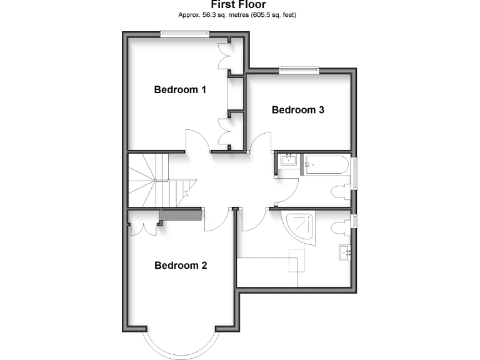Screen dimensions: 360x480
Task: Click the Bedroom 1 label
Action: (x=180, y=89)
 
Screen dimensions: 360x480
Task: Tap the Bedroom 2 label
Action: (x=181, y=265)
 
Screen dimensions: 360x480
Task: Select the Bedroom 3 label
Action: (x=297, y=110)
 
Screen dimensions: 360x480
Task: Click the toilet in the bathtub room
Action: (x=342, y=191)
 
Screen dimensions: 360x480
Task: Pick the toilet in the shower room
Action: (x=342, y=226)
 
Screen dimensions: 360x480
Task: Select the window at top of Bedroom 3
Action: (x=299, y=69)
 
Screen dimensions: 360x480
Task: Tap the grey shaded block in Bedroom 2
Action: (x=180, y=215)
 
